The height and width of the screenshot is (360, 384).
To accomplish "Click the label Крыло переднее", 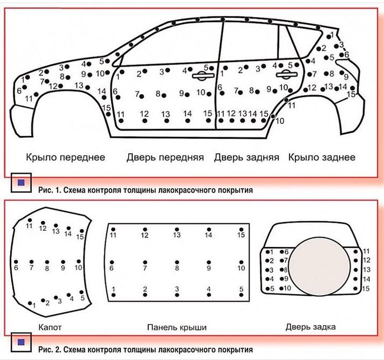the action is (x=65, y=157).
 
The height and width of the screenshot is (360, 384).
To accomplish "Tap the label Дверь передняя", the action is (x=165, y=157).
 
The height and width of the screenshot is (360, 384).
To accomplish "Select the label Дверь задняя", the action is (x=247, y=157).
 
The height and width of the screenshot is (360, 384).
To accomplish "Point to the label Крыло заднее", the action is (x=322, y=157).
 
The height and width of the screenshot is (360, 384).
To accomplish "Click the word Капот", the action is (x=50, y=327).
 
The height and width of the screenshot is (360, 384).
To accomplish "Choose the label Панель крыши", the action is (x=177, y=327).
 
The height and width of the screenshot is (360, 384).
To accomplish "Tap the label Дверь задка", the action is (x=310, y=327).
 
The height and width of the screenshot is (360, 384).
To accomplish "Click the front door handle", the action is (x=203, y=76).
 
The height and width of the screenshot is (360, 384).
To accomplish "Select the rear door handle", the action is (x=286, y=75).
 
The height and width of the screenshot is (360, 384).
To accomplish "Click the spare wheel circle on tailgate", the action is (x=319, y=266).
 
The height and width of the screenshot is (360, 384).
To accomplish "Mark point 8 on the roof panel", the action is (x=177, y=262).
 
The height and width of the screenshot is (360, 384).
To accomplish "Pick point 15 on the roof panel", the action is (x=241, y=229).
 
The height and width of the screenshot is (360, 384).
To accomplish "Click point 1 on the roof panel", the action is (x=113, y=295).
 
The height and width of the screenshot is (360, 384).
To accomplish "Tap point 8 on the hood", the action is (x=47, y=262).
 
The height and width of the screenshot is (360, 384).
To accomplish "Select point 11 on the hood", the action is (x=30, y=220).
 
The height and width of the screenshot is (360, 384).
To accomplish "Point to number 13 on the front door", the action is (x=166, y=114).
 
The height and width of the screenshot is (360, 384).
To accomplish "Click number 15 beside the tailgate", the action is (x=365, y=289).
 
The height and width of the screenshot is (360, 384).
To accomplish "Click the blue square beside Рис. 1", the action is (x=21, y=183).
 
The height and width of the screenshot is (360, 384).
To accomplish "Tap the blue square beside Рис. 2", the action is (x=21, y=342).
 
